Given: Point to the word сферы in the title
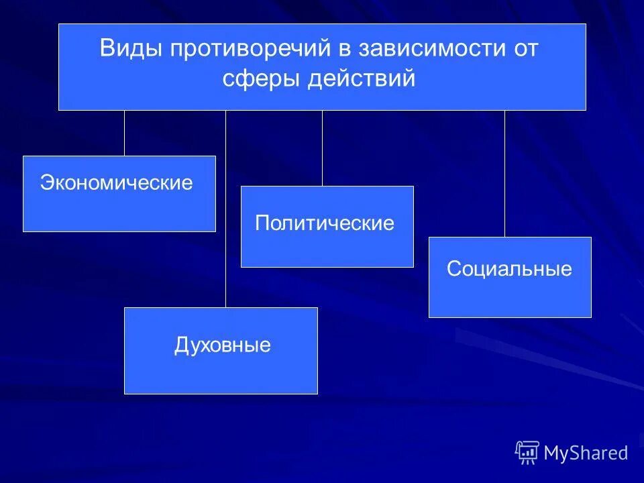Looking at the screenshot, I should click(x=262, y=78).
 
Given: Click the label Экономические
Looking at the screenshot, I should click(x=116, y=182).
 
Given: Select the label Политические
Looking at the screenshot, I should click(x=325, y=223).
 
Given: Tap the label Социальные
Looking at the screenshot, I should click(x=509, y=269).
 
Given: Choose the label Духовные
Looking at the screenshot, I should click(x=222, y=345).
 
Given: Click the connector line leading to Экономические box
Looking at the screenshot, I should click(x=124, y=133).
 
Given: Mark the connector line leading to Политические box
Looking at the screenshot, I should click(x=322, y=148).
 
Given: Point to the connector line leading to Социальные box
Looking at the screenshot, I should click(x=504, y=173).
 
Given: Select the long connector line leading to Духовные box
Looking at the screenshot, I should click(x=225, y=208).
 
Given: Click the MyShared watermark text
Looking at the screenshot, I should click(x=586, y=453).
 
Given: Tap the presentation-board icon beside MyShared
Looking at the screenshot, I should click(x=527, y=452).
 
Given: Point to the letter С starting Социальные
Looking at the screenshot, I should click(x=453, y=269).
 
